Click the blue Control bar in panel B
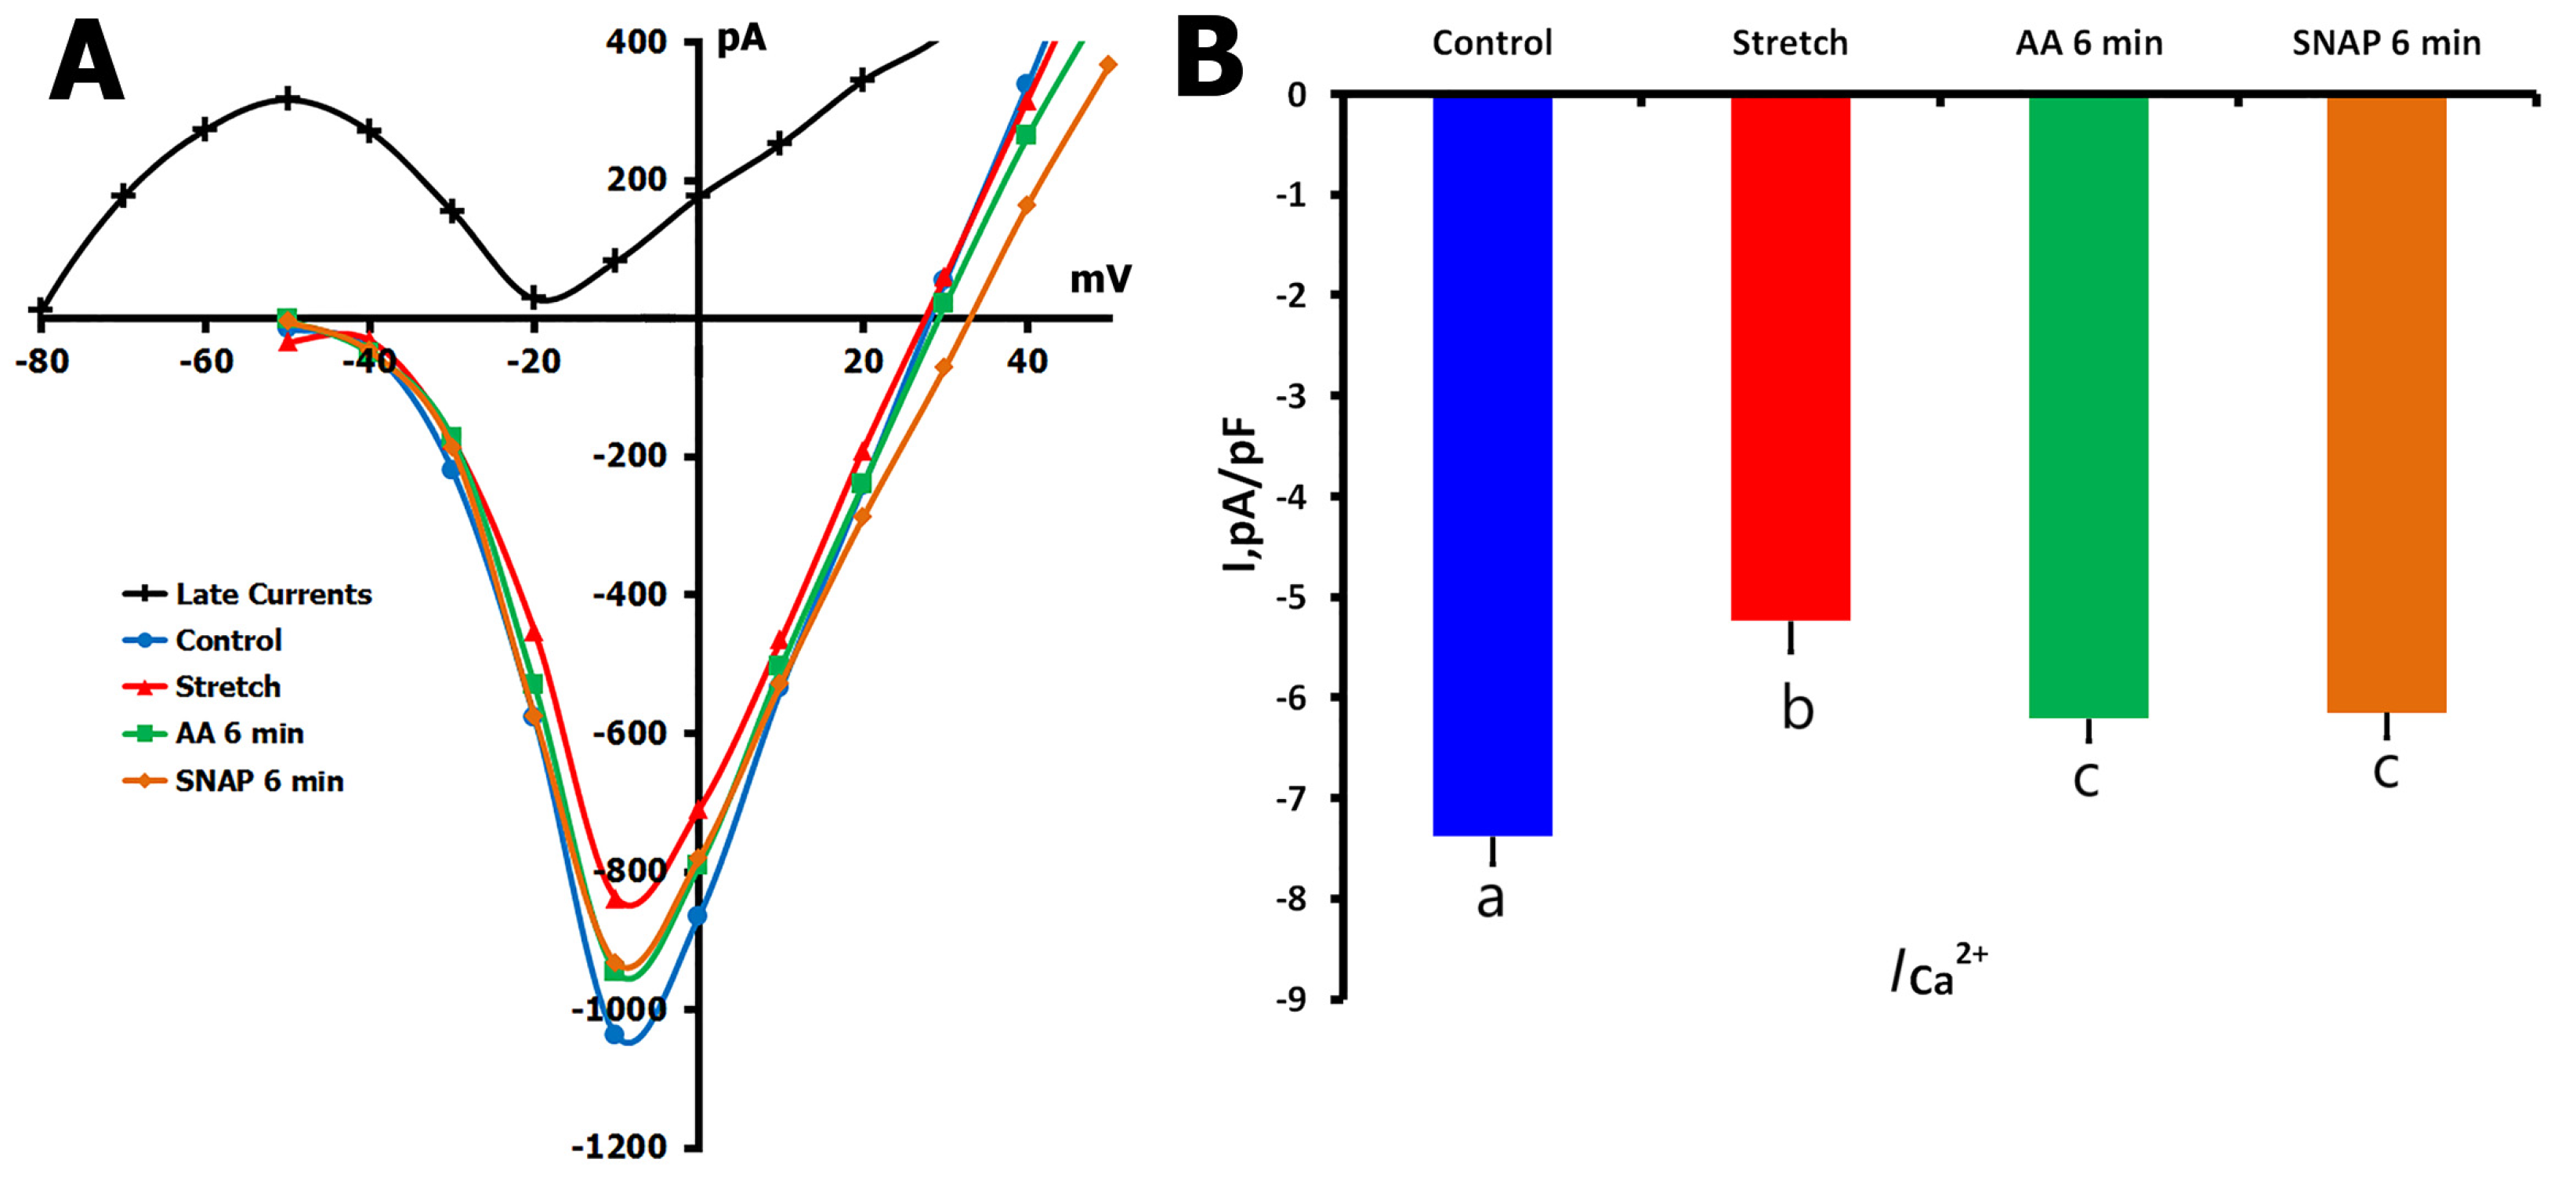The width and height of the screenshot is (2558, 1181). click(1491, 465)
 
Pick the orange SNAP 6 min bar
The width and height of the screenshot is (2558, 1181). click(2386, 403)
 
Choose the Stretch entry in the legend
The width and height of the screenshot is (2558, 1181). click(227, 686)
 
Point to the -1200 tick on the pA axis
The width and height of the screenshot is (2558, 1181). click(618, 1147)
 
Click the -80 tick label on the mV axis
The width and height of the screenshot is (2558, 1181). click(42, 362)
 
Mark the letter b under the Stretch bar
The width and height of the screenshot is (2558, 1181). click(1797, 707)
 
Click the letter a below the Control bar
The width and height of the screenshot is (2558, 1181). click(1491, 899)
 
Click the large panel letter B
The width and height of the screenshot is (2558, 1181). click(1208, 60)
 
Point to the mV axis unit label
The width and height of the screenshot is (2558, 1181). click(1100, 280)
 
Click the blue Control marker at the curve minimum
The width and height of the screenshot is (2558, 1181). click(614, 1034)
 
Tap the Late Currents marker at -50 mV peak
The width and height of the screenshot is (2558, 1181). click(287, 98)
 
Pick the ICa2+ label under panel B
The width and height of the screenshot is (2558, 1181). click(1937, 972)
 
